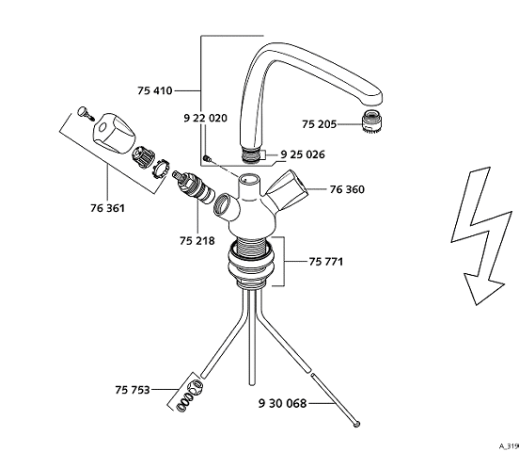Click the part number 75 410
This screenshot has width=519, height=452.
155,90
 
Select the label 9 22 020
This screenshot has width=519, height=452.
206,118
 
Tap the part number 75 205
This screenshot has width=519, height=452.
319,124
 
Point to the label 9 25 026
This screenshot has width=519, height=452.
303,154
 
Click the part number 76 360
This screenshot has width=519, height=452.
347,189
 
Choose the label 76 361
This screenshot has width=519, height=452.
107,208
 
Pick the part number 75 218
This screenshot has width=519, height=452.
197,241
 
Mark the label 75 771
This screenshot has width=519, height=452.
326,262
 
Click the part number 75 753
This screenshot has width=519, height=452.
133,390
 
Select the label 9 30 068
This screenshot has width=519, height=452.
282,404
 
